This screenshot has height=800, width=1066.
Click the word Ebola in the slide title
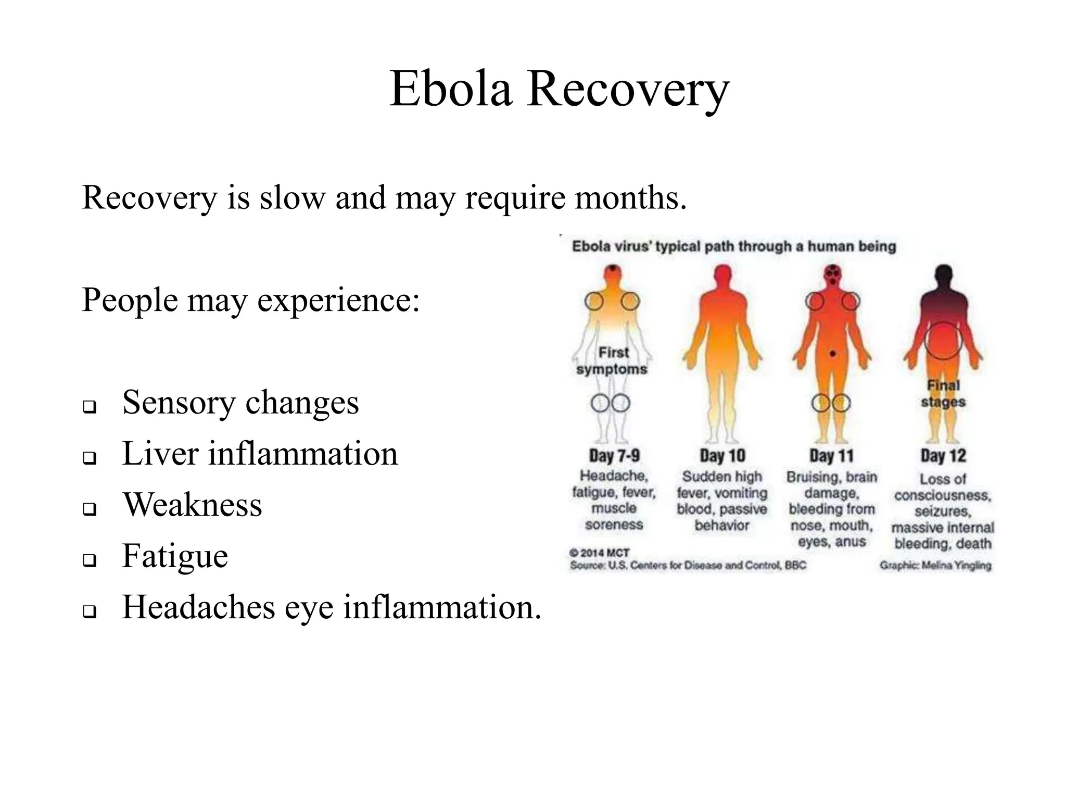(451, 89)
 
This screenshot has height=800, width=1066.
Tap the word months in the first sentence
(630, 198)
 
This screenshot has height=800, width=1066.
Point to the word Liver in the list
(160, 453)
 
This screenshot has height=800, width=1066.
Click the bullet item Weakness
(192, 505)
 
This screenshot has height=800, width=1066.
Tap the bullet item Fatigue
(175, 556)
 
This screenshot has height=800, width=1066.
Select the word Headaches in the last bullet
(198, 607)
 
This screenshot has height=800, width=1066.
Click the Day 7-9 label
(614, 456)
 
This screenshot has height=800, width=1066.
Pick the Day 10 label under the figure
(722, 456)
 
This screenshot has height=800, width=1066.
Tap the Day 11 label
(831, 456)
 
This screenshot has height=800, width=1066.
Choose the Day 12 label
(943, 456)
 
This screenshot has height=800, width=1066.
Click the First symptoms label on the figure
(613, 360)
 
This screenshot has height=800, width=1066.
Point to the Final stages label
(943, 394)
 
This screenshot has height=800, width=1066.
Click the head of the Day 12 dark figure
(944, 274)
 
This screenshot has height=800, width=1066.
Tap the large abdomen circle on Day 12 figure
(943, 341)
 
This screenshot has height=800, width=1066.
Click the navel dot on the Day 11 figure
(833, 354)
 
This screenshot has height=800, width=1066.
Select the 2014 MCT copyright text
(600, 553)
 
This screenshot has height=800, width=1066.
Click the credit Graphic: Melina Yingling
(935, 565)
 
